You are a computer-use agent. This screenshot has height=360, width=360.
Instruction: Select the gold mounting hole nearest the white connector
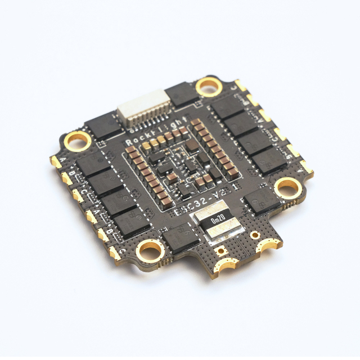click(209, 86)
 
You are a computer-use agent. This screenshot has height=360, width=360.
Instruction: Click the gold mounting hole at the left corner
click(77, 141)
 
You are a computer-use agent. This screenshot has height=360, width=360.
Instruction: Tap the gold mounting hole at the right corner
click(288, 186)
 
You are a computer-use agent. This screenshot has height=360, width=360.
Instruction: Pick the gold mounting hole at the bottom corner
click(150, 250)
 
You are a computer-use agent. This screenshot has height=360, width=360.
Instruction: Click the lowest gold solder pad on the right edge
click(307, 166)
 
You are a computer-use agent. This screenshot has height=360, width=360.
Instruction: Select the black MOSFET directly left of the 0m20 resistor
click(181, 238)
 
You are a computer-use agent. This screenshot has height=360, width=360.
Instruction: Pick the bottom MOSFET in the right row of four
click(269, 159)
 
